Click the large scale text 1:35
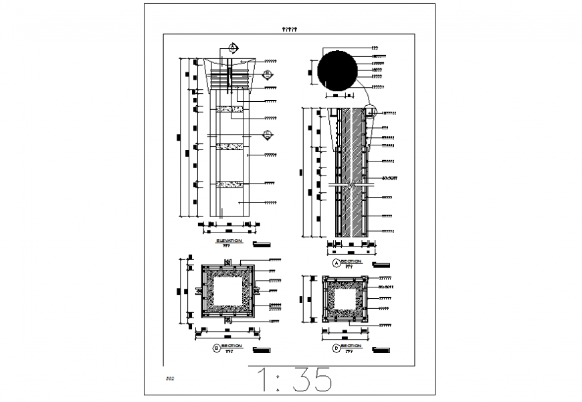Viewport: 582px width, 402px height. point(295,380)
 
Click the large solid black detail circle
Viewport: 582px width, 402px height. point(341,72)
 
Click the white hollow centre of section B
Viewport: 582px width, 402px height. point(227,293)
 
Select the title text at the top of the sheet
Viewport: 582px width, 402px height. point(290,29)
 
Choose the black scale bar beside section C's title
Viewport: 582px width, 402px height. point(381,349)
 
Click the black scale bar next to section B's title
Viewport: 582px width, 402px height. point(262,349)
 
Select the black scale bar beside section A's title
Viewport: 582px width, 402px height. point(381,264)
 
